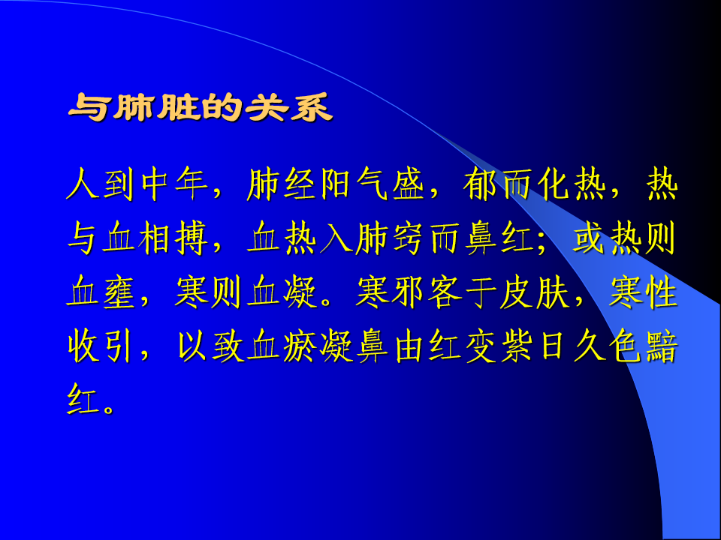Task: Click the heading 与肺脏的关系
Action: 201,108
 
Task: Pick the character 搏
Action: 192,238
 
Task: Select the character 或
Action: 589,238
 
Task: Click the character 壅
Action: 119,292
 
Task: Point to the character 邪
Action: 409,292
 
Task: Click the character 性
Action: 661,292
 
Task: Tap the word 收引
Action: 101,346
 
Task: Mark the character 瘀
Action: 300,346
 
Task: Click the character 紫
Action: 517,346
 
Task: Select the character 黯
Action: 661,346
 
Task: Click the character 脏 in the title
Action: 179,108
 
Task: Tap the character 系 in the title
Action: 312,108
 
